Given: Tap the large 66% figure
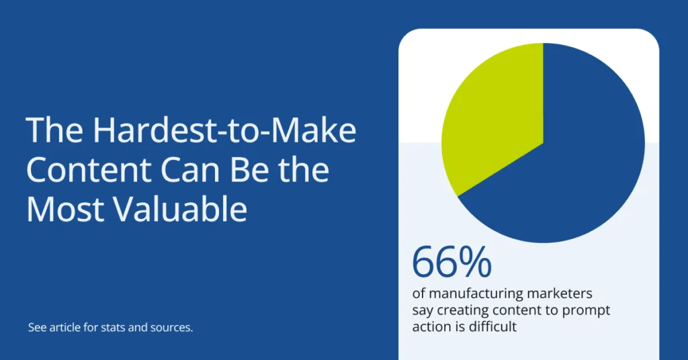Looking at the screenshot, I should click(451, 263).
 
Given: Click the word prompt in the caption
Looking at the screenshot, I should click(589, 311).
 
